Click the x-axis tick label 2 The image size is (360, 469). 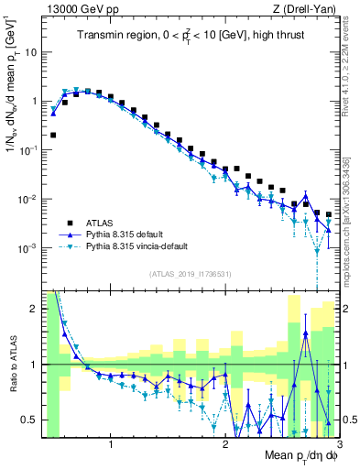point(225,445)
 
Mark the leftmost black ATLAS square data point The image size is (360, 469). point(53,135)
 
